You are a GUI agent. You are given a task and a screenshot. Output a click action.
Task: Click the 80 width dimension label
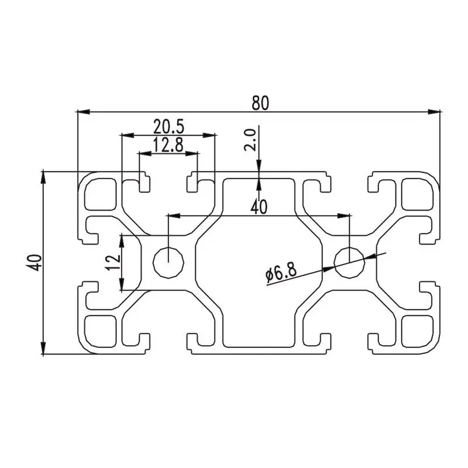[260, 103]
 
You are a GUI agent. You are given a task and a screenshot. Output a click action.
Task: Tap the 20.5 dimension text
[169, 126]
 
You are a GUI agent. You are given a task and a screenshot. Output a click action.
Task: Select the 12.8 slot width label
[168, 145]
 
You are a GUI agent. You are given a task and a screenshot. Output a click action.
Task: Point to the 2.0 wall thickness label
[250, 140]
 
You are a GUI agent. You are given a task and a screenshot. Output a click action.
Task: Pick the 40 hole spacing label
[259, 207]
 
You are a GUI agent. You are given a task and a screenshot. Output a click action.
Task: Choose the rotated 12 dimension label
[113, 263]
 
